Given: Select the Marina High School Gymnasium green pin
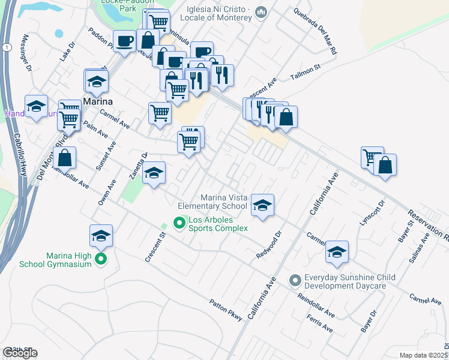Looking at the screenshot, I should [x=101, y=259].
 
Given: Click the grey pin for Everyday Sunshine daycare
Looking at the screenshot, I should [x=295, y=280].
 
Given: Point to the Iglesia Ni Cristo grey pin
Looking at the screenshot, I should [x=261, y=13].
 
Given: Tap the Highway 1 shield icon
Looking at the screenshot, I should [x=5, y=47].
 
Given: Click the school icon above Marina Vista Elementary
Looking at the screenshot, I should [x=262, y=205].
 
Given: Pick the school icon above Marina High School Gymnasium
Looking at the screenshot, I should [x=101, y=236].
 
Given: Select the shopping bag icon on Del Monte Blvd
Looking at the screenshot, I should [x=65, y=158].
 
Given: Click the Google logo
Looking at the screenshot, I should [x=20, y=353].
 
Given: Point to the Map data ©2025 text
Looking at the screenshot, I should [x=423, y=355].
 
